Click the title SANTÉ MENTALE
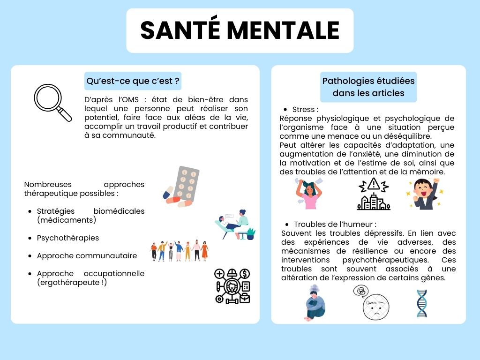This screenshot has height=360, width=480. coord(240,30)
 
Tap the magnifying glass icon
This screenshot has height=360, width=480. coord(52,103)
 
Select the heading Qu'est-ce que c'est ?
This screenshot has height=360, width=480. coord(133,81)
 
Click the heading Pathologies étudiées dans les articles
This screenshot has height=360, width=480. coord(368,87)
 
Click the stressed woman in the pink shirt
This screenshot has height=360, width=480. coord(308,193)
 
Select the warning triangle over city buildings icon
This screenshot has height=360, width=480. coord(374,193)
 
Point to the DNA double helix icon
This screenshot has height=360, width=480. coord(422,303)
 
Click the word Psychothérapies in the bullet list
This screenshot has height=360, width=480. coord(68,238)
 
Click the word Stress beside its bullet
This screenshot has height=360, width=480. coord(305,110)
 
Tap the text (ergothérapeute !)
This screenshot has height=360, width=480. coord(72,282)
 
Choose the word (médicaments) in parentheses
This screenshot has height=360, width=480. coord(66,220)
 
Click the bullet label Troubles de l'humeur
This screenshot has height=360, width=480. coord(335,224)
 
